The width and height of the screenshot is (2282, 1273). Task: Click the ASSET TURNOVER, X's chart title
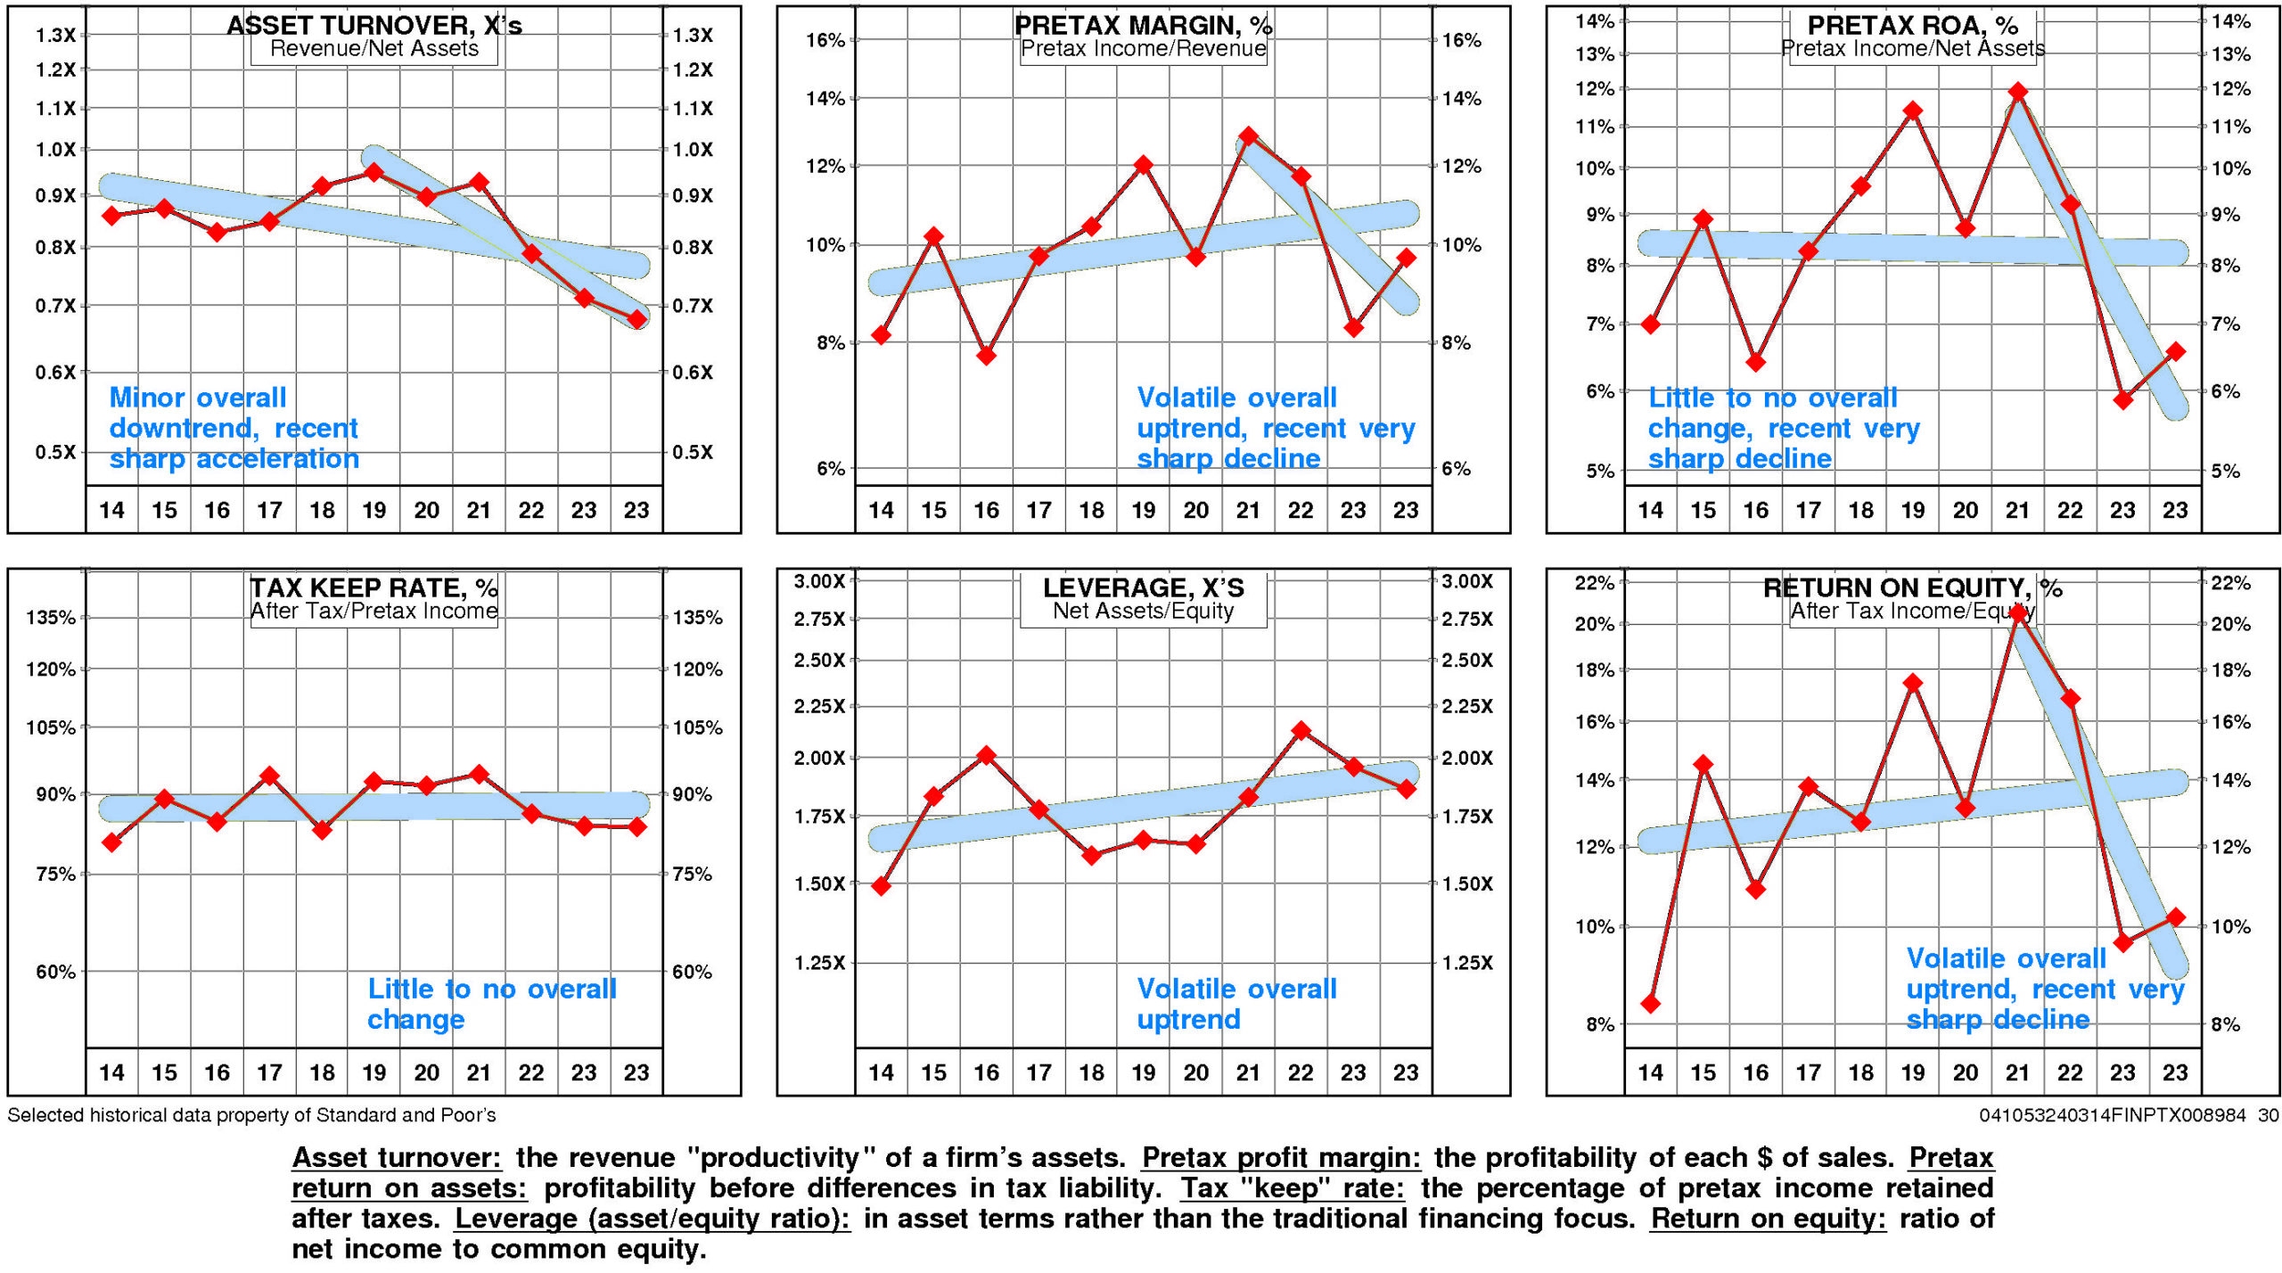374,25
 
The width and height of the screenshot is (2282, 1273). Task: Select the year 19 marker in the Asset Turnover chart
374,172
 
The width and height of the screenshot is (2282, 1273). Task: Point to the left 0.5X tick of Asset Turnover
55,452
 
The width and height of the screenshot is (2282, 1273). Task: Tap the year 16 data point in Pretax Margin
986,355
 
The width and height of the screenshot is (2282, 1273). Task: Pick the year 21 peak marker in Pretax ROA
2018,92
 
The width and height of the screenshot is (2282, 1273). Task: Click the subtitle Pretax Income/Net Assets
1913,49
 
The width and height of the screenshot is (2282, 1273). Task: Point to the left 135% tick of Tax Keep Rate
51,618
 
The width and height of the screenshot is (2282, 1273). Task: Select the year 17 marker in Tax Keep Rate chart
269,776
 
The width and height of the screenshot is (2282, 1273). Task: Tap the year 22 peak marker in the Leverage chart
1301,731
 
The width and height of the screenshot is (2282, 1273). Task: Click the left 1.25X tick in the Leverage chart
819,963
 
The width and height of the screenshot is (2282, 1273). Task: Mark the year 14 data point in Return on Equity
1650,1004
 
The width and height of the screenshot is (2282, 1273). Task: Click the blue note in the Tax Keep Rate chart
491,1004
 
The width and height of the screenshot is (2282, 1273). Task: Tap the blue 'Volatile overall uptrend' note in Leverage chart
1236,1004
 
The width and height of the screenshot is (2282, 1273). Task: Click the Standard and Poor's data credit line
251,1115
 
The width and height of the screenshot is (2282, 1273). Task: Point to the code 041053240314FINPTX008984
2112,1115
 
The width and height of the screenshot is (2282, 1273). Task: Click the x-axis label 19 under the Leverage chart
1144,1072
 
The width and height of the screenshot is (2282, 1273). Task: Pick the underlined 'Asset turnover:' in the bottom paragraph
397,1158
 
